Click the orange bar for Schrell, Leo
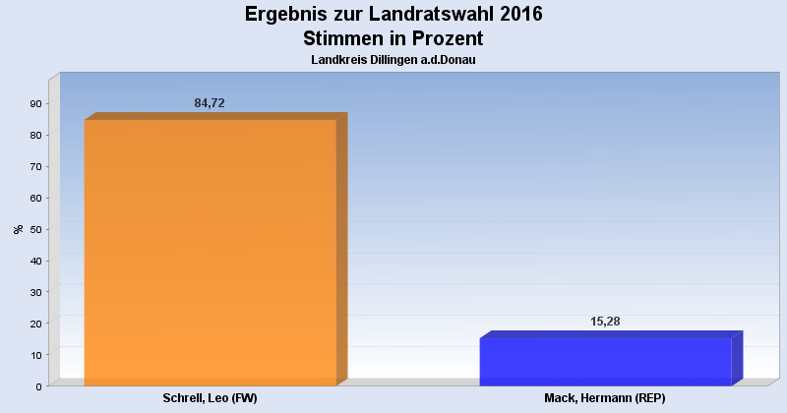coord(211,252)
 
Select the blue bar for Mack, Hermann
coord(606,362)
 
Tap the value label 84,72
coord(210,103)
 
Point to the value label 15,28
coord(605,322)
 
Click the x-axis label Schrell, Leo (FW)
coord(211,399)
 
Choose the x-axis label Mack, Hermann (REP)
coord(605,399)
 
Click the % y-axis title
coord(18,229)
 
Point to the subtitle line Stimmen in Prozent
coord(393,38)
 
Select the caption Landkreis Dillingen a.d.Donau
coord(393,60)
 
